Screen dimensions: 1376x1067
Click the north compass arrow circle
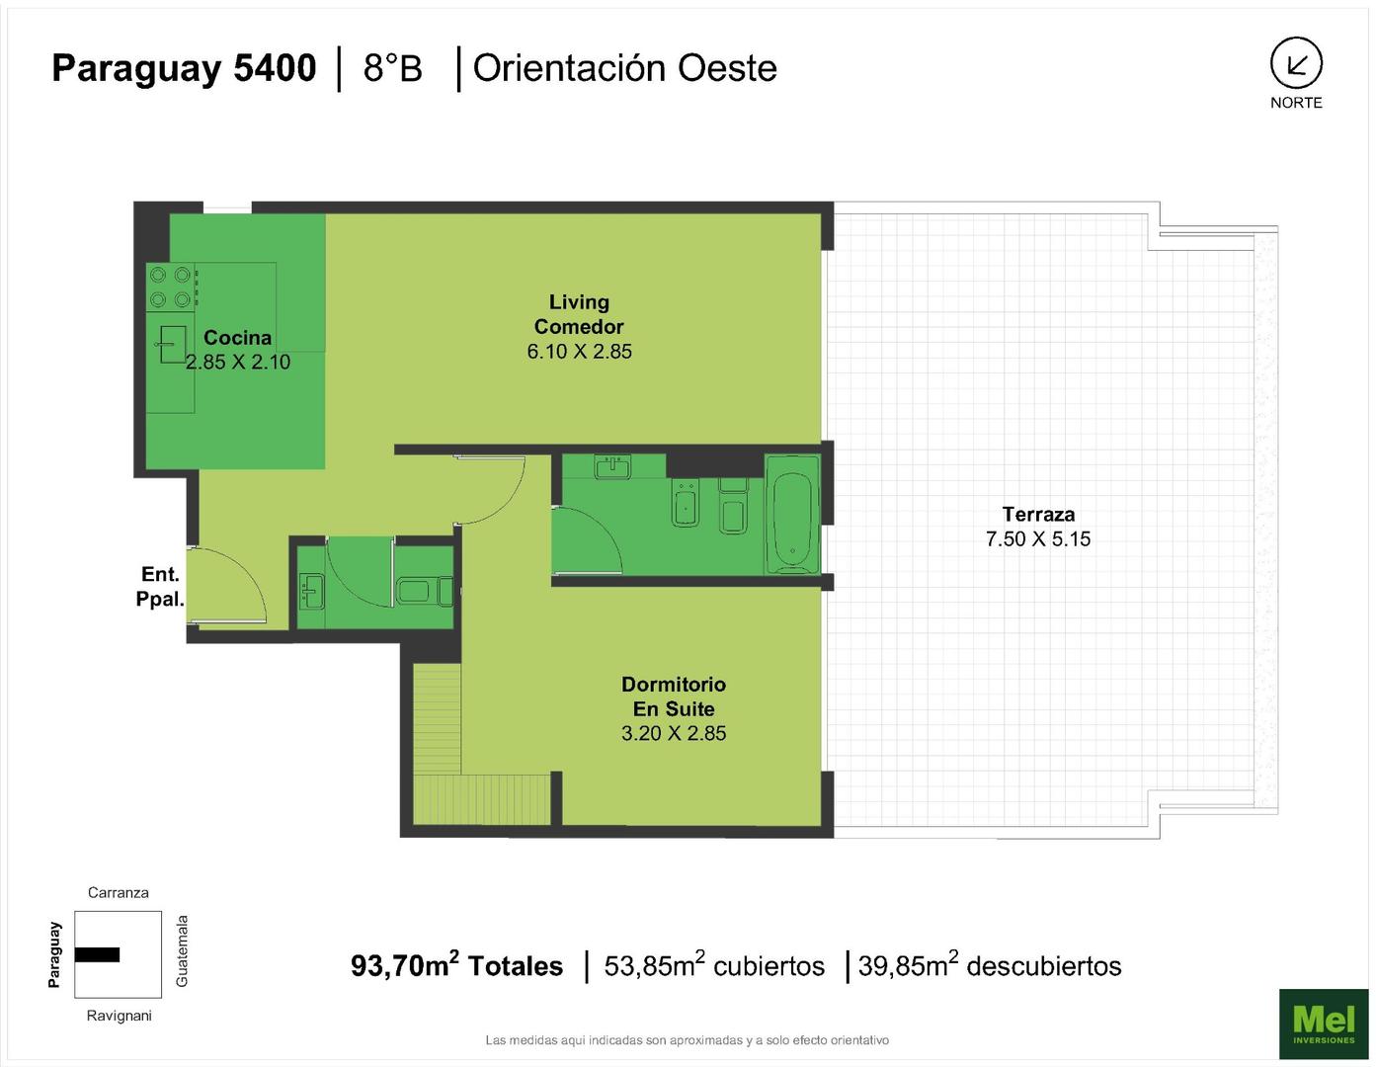point(1296,63)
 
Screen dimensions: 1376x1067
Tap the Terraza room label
point(1038,514)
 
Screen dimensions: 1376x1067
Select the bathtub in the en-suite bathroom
point(792,515)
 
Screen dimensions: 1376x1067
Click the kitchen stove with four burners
point(171,287)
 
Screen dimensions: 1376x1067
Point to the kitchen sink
point(172,344)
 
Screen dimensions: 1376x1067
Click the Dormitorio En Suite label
point(673,696)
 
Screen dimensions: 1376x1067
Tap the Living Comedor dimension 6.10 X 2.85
point(580,352)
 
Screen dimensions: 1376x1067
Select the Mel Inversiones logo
point(1323,1024)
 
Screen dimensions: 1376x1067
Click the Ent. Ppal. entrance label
point(160,587)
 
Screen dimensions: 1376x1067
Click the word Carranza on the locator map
point(119,892)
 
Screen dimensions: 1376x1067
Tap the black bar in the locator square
point(97,954)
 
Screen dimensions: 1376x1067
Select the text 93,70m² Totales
point(456,966)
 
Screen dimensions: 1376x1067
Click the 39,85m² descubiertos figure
point(990,966)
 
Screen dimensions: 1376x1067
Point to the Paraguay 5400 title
point(184,68)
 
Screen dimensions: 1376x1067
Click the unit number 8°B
point(392,68)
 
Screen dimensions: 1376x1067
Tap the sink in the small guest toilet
point(311,591)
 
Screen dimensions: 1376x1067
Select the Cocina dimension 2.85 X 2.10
point(238,363)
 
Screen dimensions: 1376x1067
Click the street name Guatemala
point(182,951)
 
